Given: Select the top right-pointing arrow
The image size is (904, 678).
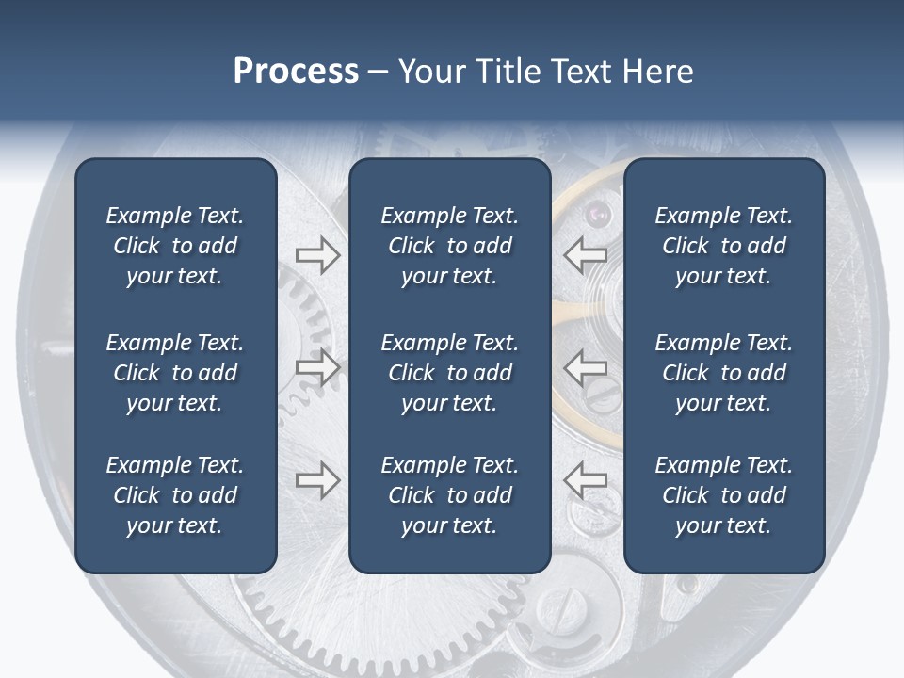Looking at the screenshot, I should pos(317,254).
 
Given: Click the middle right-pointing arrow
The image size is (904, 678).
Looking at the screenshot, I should pos(317,367).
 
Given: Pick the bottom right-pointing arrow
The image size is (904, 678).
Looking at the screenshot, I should pos(317,481).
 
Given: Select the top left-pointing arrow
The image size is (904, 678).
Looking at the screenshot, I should pos(585,254).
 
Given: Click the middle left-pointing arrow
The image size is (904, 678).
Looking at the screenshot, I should pos(585,367).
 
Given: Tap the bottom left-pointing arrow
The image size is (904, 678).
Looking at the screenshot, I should pos(585,481).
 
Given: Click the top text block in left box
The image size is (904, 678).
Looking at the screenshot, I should pos(175,246).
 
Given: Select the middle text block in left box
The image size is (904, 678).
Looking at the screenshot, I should pos(175,373).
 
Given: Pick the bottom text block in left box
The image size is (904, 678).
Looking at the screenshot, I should pos(175,495).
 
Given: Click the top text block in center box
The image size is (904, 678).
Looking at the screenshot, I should pos(449,246).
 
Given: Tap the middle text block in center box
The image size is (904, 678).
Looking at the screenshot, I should pos(449,373).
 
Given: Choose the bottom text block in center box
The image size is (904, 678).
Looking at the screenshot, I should pos(449,495).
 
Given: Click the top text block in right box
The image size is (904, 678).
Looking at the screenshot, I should pos(723,246).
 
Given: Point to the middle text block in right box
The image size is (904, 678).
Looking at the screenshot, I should pos(723,373).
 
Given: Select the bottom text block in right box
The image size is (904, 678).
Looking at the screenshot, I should pos(723,495).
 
